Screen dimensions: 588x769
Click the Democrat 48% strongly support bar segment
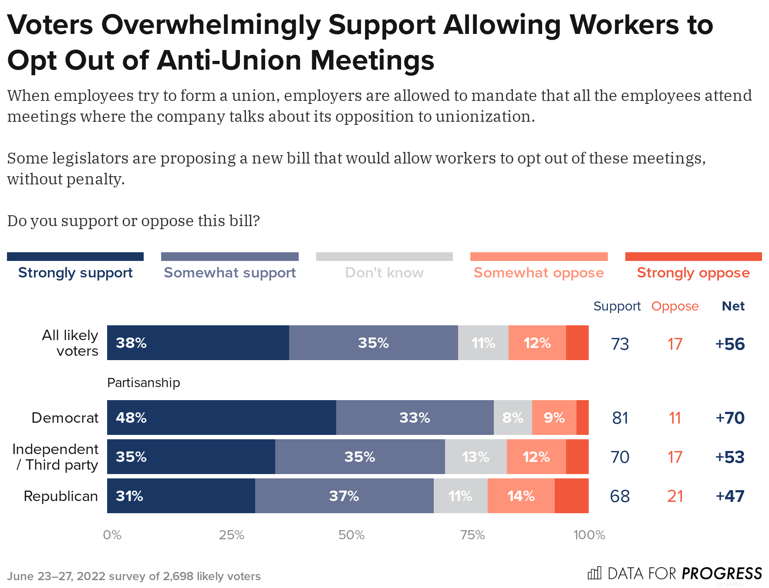pos(221,418)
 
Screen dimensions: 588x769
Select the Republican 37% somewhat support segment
pos(344,496)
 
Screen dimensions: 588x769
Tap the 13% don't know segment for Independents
pos(476,457)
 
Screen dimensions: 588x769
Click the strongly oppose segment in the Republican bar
pos(571,496)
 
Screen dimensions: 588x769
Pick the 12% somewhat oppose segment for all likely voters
pos(537,343)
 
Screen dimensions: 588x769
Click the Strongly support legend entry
pos(75,272)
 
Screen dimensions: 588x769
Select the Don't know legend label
pos(384,272)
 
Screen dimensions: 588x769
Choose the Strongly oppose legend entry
pos(693,272)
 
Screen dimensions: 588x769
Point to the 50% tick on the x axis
pos(351,535)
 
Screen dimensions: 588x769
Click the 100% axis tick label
pos(589,535)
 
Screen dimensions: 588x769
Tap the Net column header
pos(733,306)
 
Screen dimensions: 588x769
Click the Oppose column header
pos(675,306)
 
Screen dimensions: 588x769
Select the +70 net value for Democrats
pos(730,418)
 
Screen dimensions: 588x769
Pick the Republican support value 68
pos(620,496)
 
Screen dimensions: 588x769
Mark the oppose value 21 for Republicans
pos(675,496)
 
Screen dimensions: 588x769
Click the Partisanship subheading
pos(143,383)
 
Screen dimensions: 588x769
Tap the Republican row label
pos(61,496)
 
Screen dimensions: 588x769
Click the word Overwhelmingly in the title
pos(211,25)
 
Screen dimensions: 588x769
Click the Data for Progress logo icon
pos(594,573)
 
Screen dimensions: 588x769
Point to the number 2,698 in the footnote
pos(178,576)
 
